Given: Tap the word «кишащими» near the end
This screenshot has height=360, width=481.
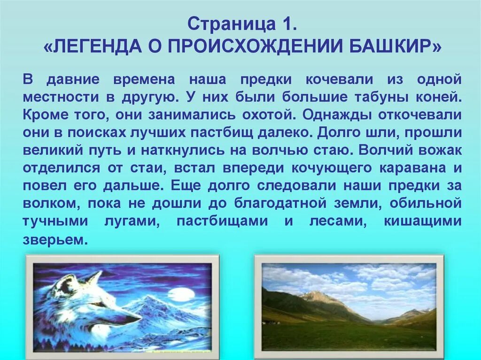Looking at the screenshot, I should click(423, 222).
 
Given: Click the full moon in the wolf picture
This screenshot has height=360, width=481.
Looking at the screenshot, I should click(181, 294).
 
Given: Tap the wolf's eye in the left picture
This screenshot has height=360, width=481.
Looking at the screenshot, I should click(98, 304).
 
